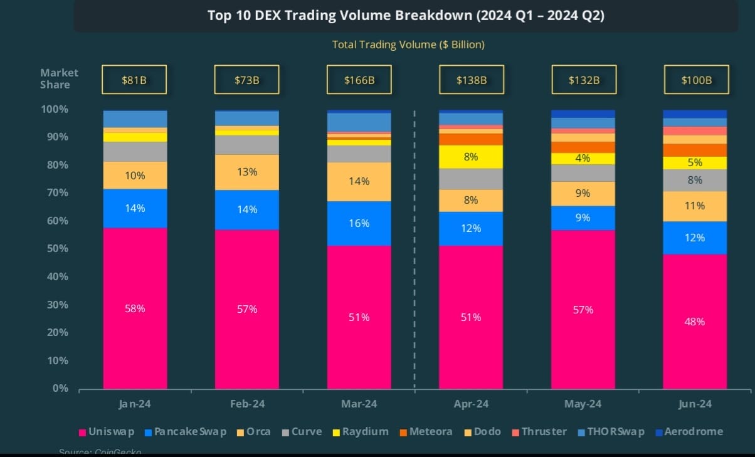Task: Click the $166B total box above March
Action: [359, 80]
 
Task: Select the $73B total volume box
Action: [246, 80]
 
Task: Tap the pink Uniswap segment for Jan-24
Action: [135, 308]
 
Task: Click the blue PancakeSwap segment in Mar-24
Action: [359, 223]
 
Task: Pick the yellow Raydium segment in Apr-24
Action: [471, 157]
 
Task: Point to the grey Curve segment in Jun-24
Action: [695, 180]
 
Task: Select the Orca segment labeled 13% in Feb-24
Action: [246, 172]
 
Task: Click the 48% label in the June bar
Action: [695, 322]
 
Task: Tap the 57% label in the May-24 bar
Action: [583, 310]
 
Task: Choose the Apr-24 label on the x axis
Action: [471, 404]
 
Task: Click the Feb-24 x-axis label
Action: [246, 404]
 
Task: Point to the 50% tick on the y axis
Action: [56, 249]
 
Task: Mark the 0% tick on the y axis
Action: [60, 389]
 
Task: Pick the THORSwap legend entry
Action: [610, 431]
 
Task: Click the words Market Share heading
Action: [60, 79]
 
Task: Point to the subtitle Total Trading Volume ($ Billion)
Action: [408, 45]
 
